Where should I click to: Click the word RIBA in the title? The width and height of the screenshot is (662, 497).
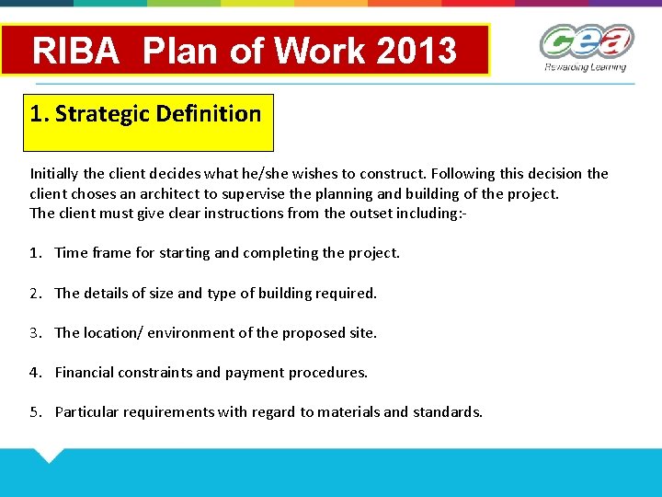[x=76, y=51]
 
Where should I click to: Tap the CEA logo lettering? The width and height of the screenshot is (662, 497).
[x=586, y=41]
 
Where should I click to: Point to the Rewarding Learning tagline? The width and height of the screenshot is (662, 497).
[x=585, y=67]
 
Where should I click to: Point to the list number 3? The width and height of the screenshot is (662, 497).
[x=35, y=332]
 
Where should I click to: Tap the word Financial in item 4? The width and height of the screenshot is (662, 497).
[x=86, y=372]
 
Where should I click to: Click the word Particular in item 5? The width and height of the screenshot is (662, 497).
[x=87, y=411]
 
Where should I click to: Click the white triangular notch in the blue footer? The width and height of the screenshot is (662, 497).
[x=48, y=454]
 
